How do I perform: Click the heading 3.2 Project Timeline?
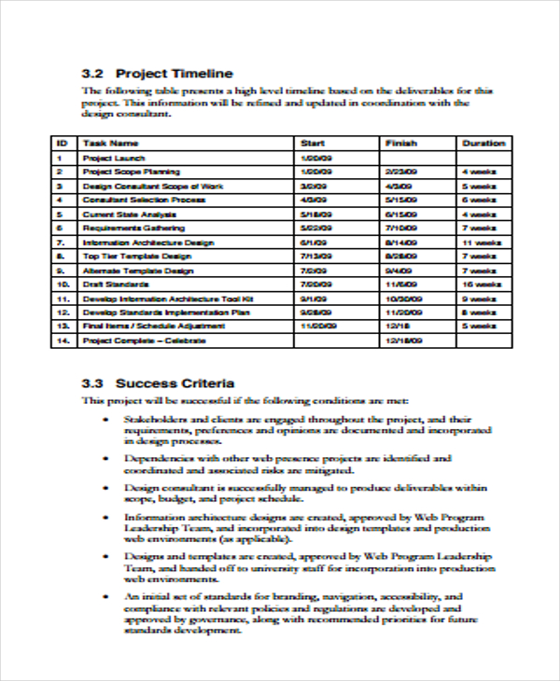(157, 73)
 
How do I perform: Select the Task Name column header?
(110, 144)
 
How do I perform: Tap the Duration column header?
(483, 144)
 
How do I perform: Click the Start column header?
(312, 144)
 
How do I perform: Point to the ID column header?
(62, 144)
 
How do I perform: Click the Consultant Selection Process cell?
(144, 200)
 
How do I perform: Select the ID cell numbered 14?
(63, 340)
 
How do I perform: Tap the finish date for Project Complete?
(404, 341)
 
